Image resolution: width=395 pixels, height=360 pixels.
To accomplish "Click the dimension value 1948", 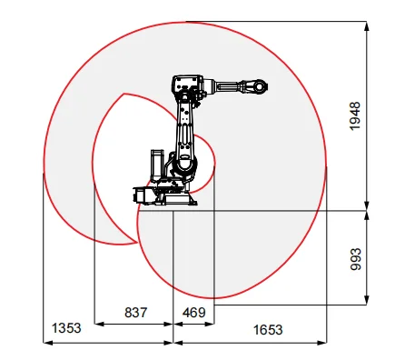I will pyautogui.click(x=355, y=115).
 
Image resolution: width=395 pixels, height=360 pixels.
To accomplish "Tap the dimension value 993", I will pyautogui.click(x=355, y=258).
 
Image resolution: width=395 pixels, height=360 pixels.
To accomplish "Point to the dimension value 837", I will pyautogui.click(x=134, y=313).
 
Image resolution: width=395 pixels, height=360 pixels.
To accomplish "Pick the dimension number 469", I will pyautogui.click(x=193, y=313).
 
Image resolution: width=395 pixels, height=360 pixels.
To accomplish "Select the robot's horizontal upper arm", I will pyautogui.click(x=232, y=87).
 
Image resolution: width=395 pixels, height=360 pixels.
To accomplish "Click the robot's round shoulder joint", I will pyautogui.click(x=187, y=164).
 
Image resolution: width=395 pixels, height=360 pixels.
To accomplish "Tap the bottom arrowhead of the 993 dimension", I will pyautogui.click(x=367, y=300).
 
